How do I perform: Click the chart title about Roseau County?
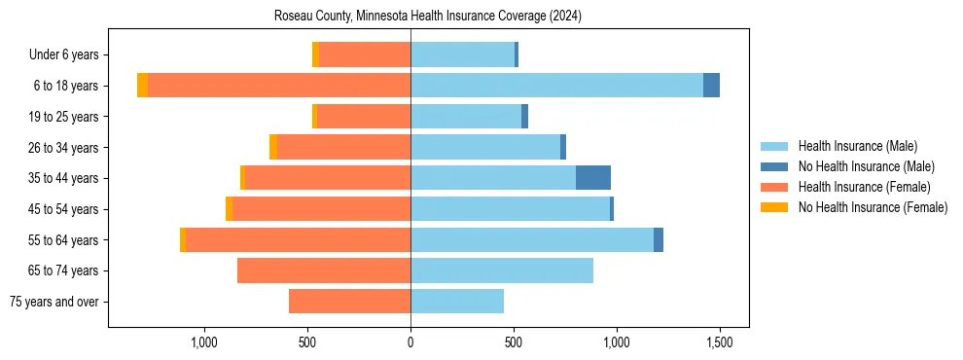coord(428,16)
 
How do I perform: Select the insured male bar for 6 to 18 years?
coord(556,86)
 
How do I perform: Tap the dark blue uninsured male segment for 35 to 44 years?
coord(593,178)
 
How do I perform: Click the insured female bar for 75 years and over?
coord(349,302)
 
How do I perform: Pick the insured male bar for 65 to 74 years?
coord(502,270)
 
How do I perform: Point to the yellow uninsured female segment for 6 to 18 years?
coord(142,86)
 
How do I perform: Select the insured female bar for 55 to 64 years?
coord(298,239)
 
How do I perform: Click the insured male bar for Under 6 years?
coord(462,54)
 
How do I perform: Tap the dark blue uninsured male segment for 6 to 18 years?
coord(711,86)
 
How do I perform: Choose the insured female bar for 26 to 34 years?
coord(343,147)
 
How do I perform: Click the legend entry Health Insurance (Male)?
coord(857,146)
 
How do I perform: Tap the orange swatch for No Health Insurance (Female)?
coord(774,207)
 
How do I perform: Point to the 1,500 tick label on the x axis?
coord(719,342)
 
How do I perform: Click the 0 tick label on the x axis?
coord(410,342)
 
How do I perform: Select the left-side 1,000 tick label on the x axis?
coord(204,342)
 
